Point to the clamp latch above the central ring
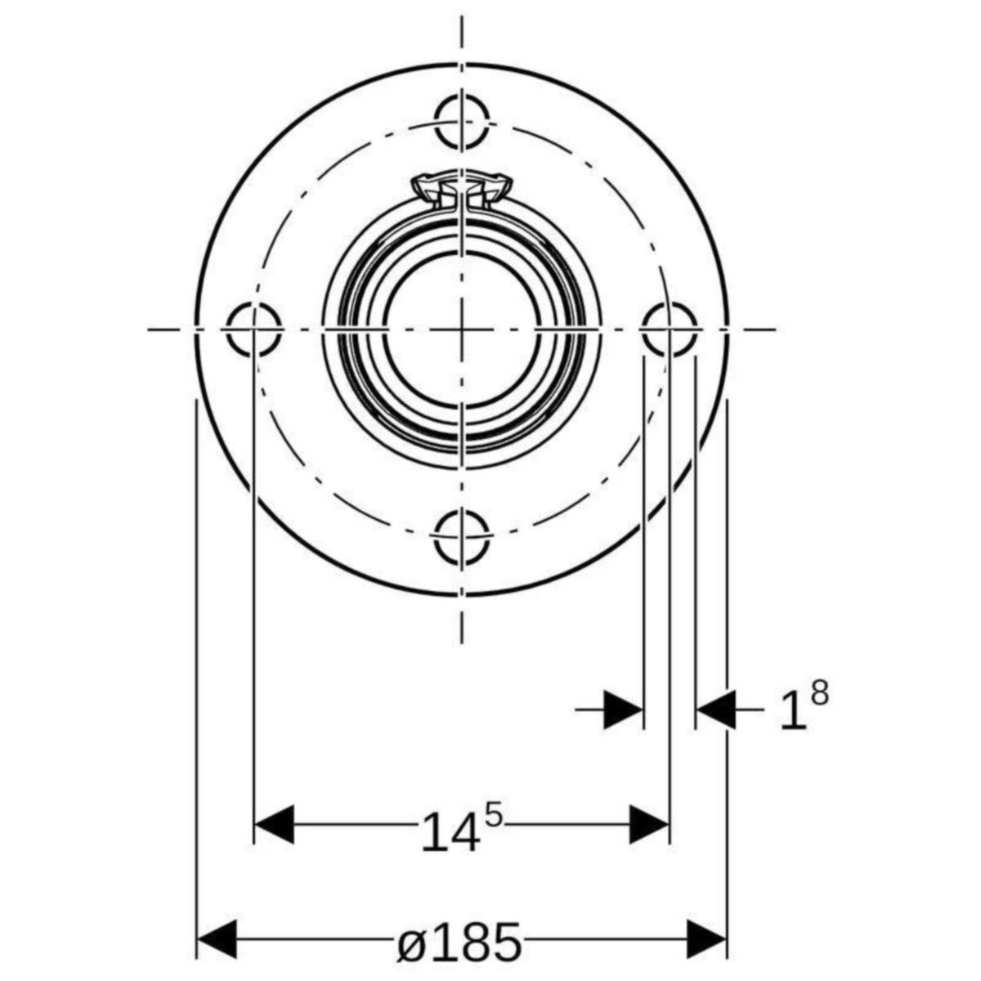461,192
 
